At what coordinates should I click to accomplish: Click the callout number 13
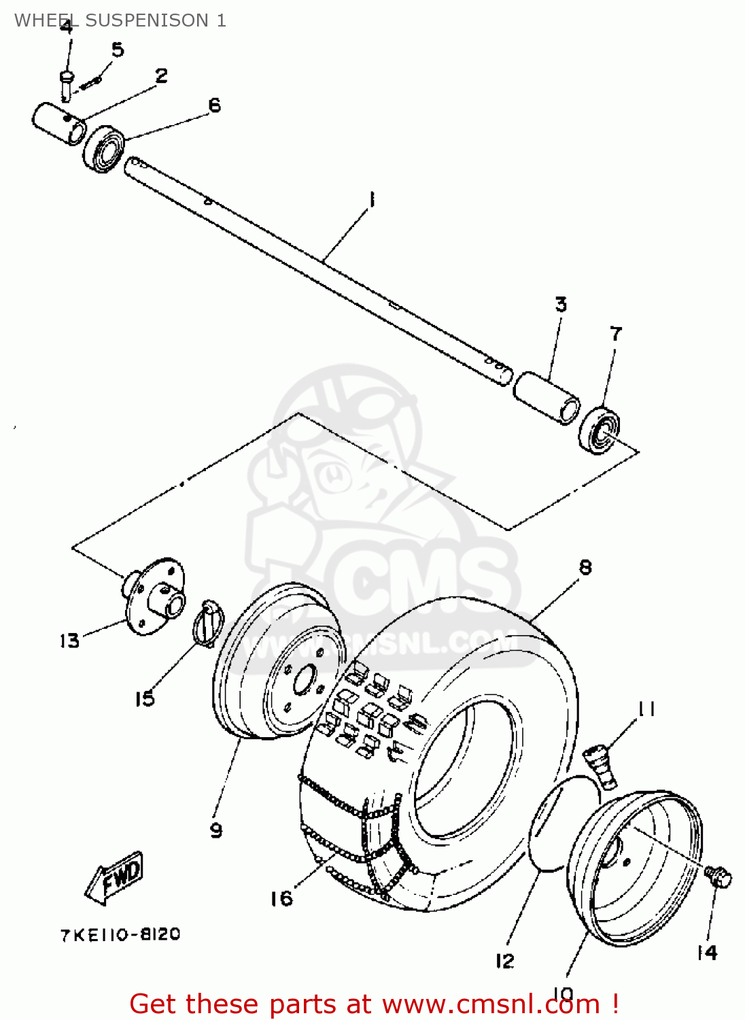tap(69, 641)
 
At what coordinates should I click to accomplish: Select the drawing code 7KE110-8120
tap(120, 934)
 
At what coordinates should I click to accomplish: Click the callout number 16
tap(281, 898)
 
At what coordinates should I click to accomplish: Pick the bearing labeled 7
tap(600, 429)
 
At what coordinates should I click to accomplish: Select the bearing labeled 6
tap(104, 148)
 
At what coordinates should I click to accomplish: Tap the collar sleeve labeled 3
tap(547, 398)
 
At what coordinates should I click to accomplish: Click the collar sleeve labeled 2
tap(58, 122)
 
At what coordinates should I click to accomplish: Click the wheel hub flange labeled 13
tap(155, 596)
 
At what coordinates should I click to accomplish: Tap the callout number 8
tap(585, 567)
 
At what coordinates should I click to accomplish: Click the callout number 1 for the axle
tap(371, 200)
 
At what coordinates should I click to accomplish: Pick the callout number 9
tap(215, 830)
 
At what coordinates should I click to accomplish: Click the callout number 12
tap(504, 960)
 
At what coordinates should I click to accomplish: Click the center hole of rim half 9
tap(304, 680)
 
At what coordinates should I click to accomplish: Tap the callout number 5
tap(118, 50)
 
